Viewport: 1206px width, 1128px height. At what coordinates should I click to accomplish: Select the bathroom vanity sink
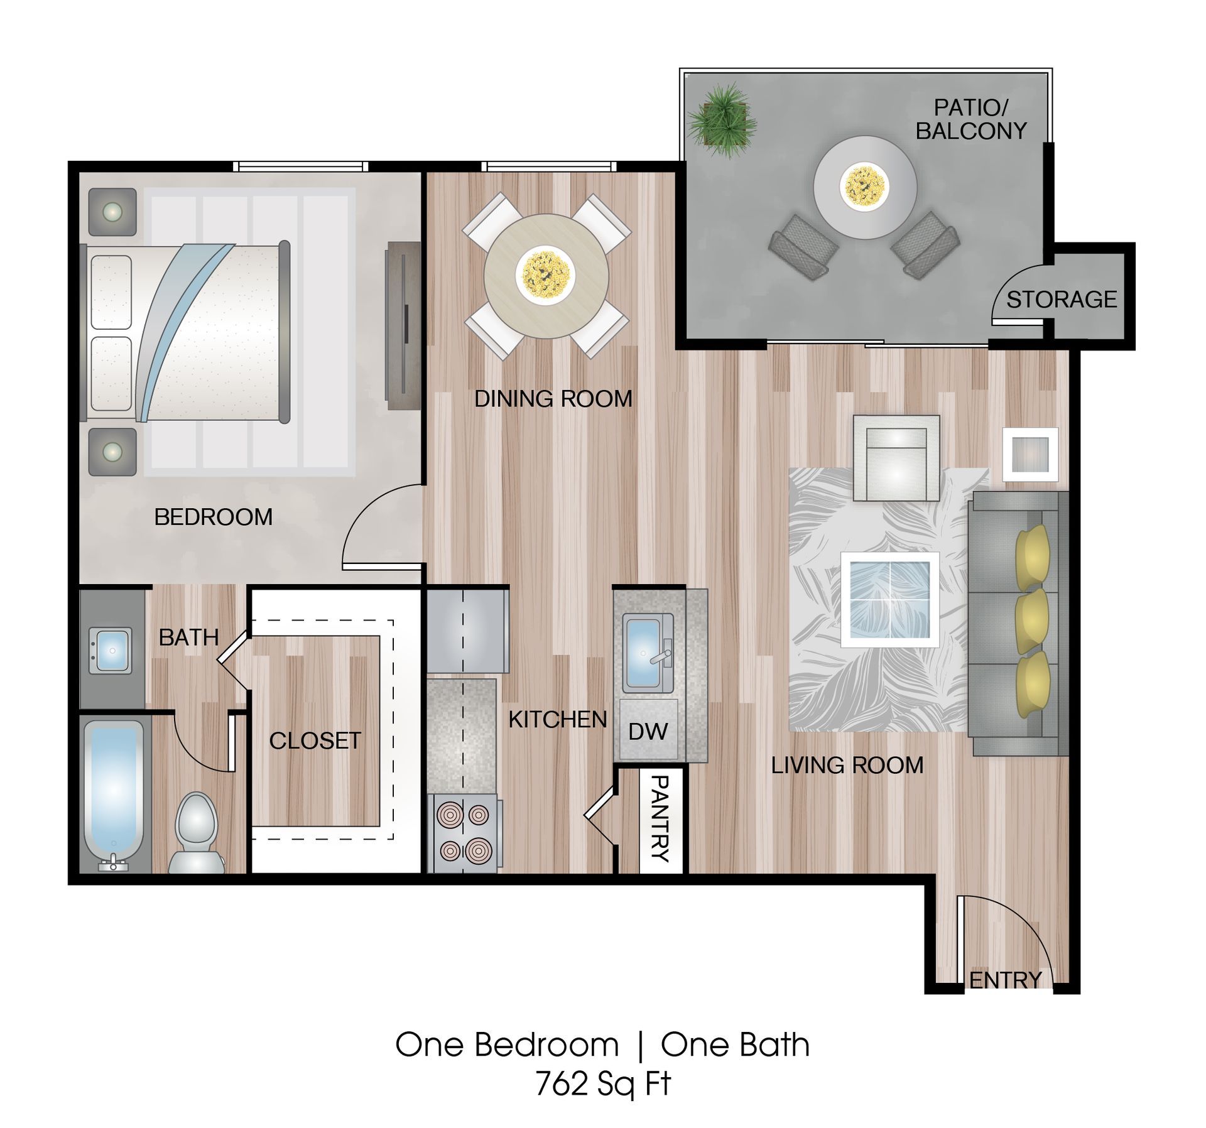(111, 651)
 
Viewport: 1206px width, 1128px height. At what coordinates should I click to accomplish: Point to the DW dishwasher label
(648, 731)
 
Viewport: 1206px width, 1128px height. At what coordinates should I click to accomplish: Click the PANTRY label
(660, 818)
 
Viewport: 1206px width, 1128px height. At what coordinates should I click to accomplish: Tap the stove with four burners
(464, 833)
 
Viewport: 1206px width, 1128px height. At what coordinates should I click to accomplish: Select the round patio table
(865, 187)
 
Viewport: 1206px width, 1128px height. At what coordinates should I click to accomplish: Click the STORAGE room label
(1062, 300)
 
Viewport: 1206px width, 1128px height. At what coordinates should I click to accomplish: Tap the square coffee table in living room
(890, 600)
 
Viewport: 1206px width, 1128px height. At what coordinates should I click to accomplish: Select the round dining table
(546, 276)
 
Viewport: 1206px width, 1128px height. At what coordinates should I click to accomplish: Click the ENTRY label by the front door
(1006, 980)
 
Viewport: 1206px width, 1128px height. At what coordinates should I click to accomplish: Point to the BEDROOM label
(214, 517)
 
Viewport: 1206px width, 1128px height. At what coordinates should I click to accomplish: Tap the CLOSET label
(315, 740)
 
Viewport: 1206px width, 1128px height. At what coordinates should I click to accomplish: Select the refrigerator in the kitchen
(467, 630)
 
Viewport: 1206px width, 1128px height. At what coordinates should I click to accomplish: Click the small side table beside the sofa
(1029, 454)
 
